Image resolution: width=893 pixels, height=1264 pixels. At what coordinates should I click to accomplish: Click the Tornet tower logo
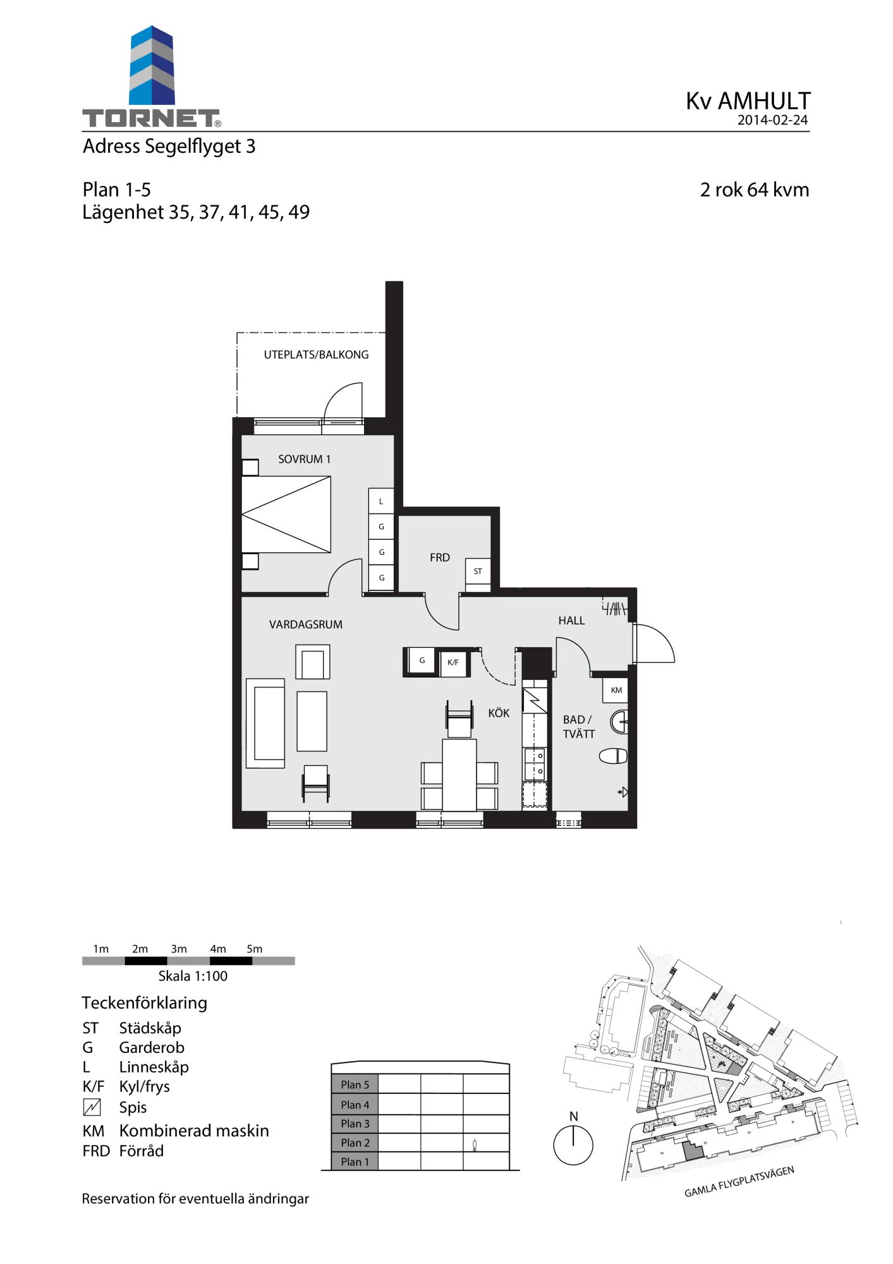tap(152, 66)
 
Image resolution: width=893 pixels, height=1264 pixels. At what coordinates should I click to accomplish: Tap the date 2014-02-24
tap(772, 120)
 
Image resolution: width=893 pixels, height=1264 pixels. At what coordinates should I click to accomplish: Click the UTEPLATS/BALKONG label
tap(316, 355)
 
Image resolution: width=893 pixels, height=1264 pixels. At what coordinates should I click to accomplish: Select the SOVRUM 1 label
tap(304, 459)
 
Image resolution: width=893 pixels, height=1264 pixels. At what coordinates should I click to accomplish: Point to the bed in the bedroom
tap(286, 515)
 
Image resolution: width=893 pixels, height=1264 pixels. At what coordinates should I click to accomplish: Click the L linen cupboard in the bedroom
tap(381, 501)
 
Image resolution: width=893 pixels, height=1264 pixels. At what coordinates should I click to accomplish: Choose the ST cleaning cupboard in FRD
tap(478, 571)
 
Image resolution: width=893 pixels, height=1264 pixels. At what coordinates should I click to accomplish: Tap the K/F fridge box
tap(453, 662)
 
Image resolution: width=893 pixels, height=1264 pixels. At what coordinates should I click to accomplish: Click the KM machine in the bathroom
tap(616, 690)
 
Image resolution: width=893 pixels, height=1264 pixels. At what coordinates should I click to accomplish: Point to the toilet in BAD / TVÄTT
tap(612, 756)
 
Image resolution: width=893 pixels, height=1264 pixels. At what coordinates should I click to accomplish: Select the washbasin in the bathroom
tap(619, 722)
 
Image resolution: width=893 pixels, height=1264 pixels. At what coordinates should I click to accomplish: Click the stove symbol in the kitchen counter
tap(535, 700)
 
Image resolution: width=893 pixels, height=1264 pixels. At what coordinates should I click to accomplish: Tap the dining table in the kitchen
tap(459, 775)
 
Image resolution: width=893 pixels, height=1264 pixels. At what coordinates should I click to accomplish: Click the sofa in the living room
tap(265, 724)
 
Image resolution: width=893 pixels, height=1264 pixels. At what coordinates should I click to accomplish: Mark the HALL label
tap(571, 621)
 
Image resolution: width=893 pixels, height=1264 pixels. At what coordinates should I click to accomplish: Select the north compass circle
tap(573, 1145)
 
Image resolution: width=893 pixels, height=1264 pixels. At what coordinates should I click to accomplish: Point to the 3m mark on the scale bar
tap(179, 949)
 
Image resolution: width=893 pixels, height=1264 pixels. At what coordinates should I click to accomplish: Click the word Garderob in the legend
tap(152, 1047)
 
